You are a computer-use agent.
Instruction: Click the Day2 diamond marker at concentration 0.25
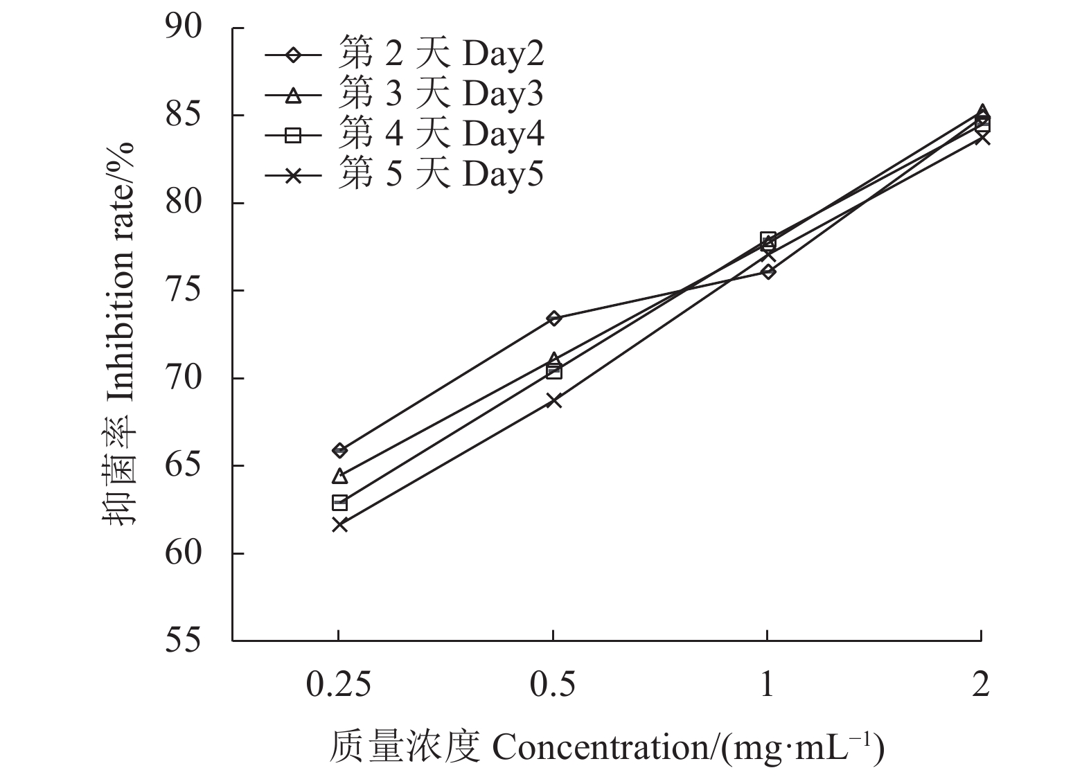(339, 450)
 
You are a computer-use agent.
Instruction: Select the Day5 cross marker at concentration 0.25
(339, 524)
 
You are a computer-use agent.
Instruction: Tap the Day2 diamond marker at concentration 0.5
(553, 319)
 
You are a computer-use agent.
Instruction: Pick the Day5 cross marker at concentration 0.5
(553, 400)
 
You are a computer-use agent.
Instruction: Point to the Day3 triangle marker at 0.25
(339, 476)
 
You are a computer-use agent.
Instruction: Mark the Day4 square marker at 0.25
(339, 502)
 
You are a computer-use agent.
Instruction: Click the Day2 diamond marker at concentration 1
(768, 271)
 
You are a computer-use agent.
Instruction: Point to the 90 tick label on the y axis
(183, 28)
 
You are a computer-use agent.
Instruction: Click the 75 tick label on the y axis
(183, 291)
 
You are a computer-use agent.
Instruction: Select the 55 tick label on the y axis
(183, 641)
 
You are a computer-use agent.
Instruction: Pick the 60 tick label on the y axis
(183, 553)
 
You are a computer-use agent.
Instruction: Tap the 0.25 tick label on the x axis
(339, 685)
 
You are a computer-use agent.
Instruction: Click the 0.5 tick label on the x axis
(553, 685)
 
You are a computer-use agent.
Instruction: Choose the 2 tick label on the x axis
(980, 685)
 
